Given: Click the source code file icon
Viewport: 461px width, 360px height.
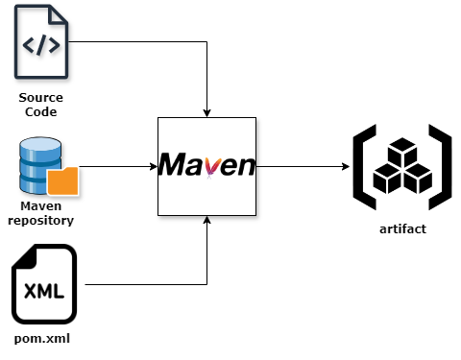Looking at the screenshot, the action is [41, 41].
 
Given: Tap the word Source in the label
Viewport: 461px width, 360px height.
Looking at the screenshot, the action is [40, 98].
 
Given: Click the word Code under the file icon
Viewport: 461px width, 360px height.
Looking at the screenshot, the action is [41, 112].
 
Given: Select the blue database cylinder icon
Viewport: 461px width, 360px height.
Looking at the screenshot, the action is [40, 165].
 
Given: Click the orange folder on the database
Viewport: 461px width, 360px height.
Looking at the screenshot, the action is [63, 181].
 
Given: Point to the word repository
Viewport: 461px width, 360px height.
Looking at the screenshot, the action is [41, 221].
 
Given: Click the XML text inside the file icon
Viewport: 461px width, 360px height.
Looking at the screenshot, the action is [44, 291].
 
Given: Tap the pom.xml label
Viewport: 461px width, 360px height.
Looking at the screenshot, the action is [42, 339].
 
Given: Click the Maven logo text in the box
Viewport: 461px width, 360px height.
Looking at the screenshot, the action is [207, 164].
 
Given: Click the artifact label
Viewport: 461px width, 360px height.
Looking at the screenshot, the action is [402, 229].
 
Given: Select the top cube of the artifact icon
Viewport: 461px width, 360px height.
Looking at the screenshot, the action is [402, 151].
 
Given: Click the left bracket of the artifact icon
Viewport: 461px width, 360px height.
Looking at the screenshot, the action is [364, 167].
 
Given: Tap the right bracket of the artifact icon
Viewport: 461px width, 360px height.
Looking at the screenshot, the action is [441, 167].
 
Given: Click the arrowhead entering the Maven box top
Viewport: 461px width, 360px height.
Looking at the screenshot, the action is [206, 113].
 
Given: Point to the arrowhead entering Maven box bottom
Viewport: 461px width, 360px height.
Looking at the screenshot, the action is [206, 220].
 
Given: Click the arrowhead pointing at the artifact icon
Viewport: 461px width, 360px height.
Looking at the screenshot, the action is [346, 166].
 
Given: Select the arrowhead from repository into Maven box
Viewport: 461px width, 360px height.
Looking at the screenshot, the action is [154, 166].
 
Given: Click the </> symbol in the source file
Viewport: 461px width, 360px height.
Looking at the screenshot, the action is [41, 45].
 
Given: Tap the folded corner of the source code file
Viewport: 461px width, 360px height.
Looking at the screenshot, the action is [58, 15].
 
